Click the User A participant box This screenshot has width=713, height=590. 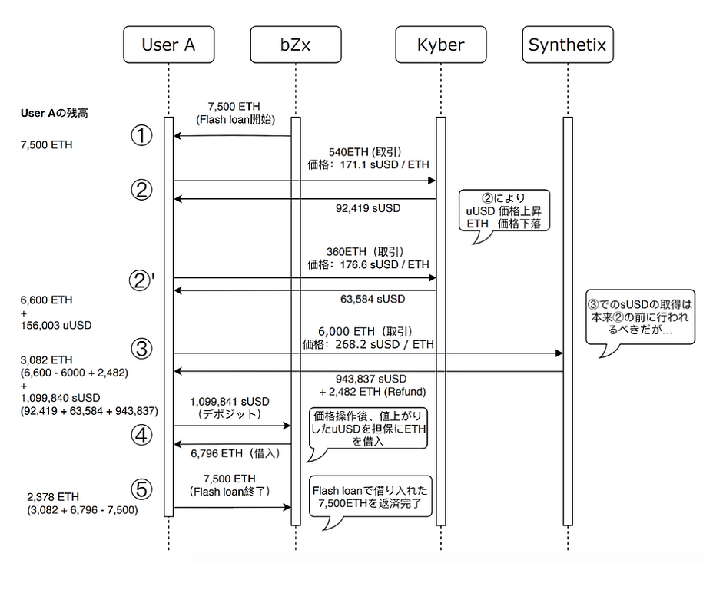pyautogui.click(x=168, y=45)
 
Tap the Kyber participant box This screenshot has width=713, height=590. pyautogui.click(x=441, y=45)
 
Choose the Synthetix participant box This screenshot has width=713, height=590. pyautogui.click(x=568, y=45)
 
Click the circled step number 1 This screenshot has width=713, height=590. pyautogui.click(x=141, y=135)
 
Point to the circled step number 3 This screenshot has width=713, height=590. pyautogui.click(x=141, y=350)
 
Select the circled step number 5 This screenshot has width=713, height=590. pyautogui.click(x=141, y=489)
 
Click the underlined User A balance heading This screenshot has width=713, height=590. pyautogui.click(x=55, y=113)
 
